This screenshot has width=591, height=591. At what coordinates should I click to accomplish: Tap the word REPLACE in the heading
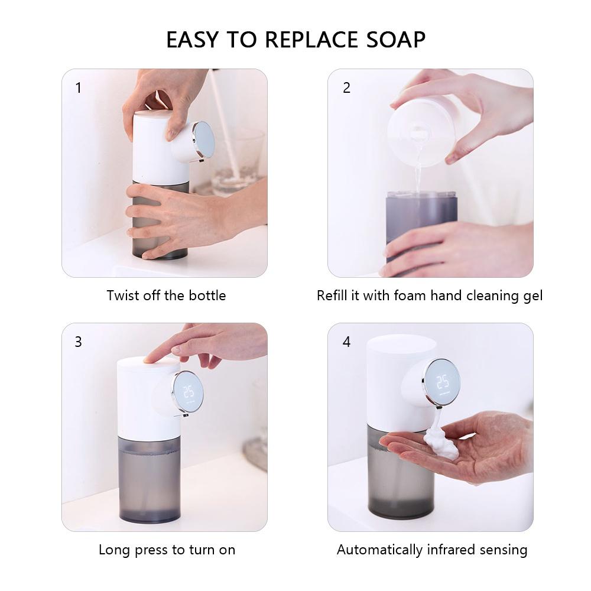pos(311,40)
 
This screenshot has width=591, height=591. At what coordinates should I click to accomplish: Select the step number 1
pos(79,88)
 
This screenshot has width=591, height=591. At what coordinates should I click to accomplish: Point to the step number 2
pos(346,88)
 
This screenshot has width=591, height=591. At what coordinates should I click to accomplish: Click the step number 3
pos(78,342)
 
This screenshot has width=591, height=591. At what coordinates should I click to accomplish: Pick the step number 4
pos(346,342)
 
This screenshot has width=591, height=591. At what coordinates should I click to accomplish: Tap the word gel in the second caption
pos(533,296)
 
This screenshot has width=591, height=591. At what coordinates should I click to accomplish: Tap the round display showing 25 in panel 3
pos(188,392)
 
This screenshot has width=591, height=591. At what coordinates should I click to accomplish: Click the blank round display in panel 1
pos(203,140)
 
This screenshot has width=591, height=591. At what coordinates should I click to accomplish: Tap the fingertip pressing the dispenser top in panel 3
pos(150,358)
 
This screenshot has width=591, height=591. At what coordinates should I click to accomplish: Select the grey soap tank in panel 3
pos(150,479)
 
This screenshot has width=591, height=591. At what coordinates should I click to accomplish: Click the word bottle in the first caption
pos(207,295)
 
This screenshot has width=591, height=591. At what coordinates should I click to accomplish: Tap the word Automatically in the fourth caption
pos(379,550)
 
